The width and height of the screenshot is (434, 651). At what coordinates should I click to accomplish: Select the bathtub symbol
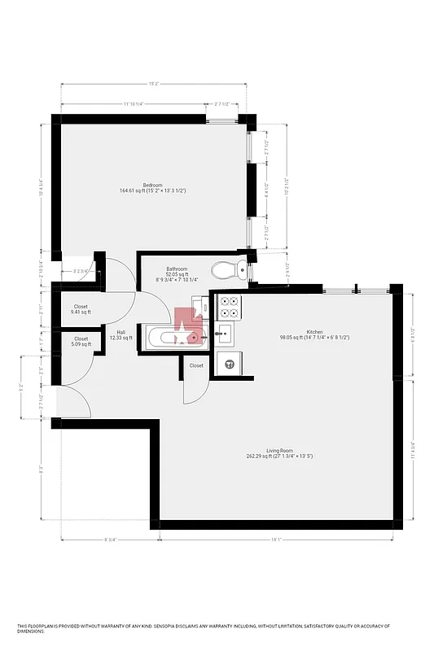click(x=167, y=338)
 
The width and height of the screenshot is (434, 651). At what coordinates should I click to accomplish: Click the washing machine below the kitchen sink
click(x=230, y=364)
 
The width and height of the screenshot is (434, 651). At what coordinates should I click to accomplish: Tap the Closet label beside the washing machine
click(x=196, y=366)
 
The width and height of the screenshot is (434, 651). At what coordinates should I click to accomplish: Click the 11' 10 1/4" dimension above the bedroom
click(x=134, y=104)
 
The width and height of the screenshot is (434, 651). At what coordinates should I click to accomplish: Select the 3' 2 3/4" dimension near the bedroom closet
click(x=81, y=271)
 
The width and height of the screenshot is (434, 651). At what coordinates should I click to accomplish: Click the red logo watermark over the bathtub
click(x=191, y=326)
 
